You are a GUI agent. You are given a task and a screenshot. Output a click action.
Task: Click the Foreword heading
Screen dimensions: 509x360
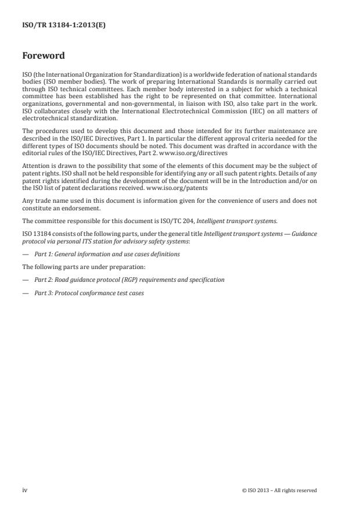click(x=44, y=56)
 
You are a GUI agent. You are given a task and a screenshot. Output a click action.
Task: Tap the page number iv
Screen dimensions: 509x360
click(x=25, y=490)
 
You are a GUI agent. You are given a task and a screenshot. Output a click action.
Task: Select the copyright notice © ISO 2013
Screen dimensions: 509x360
click(x=279, y=490)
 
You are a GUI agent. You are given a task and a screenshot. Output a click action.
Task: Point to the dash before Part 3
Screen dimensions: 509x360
click(x=25, y=292)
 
